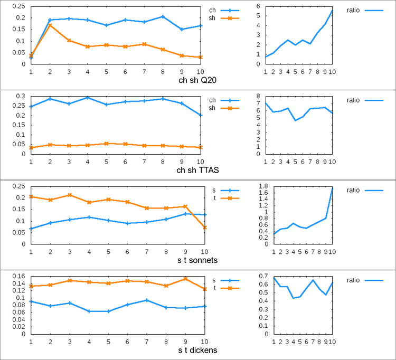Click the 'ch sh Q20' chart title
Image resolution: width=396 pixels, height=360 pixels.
click(197, 80)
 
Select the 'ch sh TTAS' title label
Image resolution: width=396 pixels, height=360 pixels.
click(197, 170)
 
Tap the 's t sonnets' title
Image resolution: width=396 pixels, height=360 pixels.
click(197, 260)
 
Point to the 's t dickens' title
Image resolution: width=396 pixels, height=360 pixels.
click(197, 350)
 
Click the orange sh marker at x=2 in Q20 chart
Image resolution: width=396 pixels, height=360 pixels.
click(50, 25)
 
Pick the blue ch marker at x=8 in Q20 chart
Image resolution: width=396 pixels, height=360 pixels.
click(163, 17)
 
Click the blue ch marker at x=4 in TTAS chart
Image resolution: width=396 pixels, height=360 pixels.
click(88, 98)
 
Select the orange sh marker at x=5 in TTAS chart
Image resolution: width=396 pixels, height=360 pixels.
click(106, 144)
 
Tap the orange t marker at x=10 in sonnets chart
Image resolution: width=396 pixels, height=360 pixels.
click(205, 228)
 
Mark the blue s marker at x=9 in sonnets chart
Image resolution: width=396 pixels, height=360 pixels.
click(185, 214)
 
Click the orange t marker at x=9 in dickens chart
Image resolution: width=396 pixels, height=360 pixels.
click(185, 279)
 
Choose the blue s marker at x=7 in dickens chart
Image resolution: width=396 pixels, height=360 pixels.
click(147, 300)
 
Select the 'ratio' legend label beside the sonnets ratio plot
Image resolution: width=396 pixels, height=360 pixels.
click(353, 191)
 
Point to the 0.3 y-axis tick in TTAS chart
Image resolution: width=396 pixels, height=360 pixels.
click(21, 96)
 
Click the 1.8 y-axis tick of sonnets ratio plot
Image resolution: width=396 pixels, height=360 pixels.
click(263, 186)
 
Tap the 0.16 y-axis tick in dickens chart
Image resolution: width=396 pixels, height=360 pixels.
click(19, 276)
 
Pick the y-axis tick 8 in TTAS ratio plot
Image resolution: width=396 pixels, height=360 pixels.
click(258, 96)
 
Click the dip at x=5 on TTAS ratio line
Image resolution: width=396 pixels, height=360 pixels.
click(295, 120)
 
